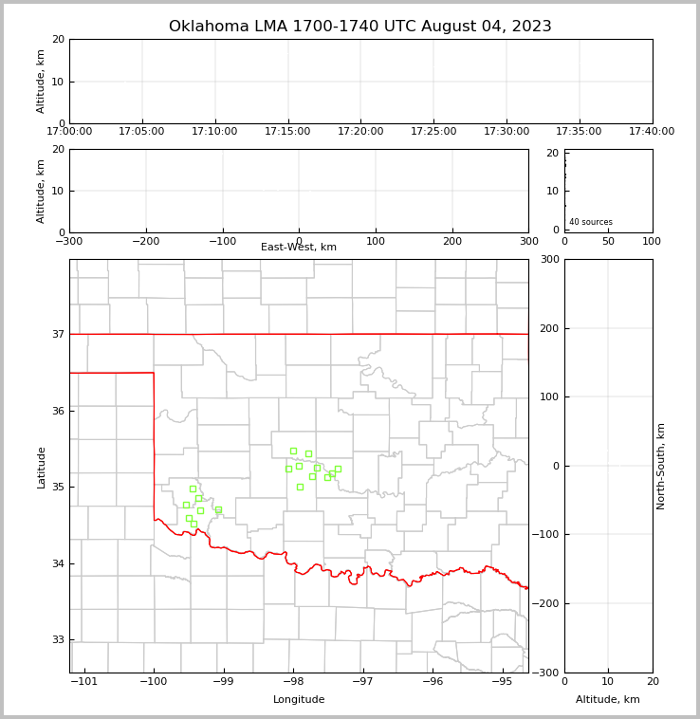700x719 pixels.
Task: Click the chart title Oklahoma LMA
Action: click(359, 27)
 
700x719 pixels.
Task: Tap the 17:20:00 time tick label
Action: click(360, 132)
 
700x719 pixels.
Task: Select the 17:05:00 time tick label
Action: click(141, 132)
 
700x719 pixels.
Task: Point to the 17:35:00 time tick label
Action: click(579, 132)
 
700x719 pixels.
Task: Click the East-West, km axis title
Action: click(299, 248)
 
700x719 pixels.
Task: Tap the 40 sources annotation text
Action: click(591, 222)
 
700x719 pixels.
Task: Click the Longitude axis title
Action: click(299, 700)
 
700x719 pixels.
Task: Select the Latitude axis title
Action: click(41, 467)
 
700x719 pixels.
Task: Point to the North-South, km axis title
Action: click(662, 466)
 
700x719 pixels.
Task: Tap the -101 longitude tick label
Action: click(84, 682)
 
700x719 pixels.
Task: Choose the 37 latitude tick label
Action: click(58, 335)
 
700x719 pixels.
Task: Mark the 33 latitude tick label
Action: click(58, 640)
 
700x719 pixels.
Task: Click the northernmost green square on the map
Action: click(293, 451)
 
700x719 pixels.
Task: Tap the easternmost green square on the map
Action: click(338, 469)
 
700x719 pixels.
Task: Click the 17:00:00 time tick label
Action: click(69, 132)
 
